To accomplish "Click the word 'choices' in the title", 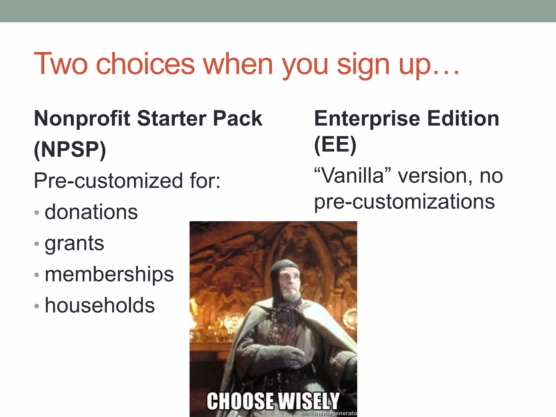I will [x=145, y=64].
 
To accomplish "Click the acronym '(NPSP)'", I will [x=70, y=150].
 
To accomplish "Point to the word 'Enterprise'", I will [x=367, y=119].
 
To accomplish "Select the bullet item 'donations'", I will [x=91, y=212].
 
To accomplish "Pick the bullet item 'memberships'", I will [x=109, y=274].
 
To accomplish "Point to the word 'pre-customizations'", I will [x=405, y=202].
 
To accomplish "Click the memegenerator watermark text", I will [x=335, y=413].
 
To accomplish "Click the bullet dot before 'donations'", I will [x=37, y=212].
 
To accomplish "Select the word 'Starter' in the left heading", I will [x=172, y=119].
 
